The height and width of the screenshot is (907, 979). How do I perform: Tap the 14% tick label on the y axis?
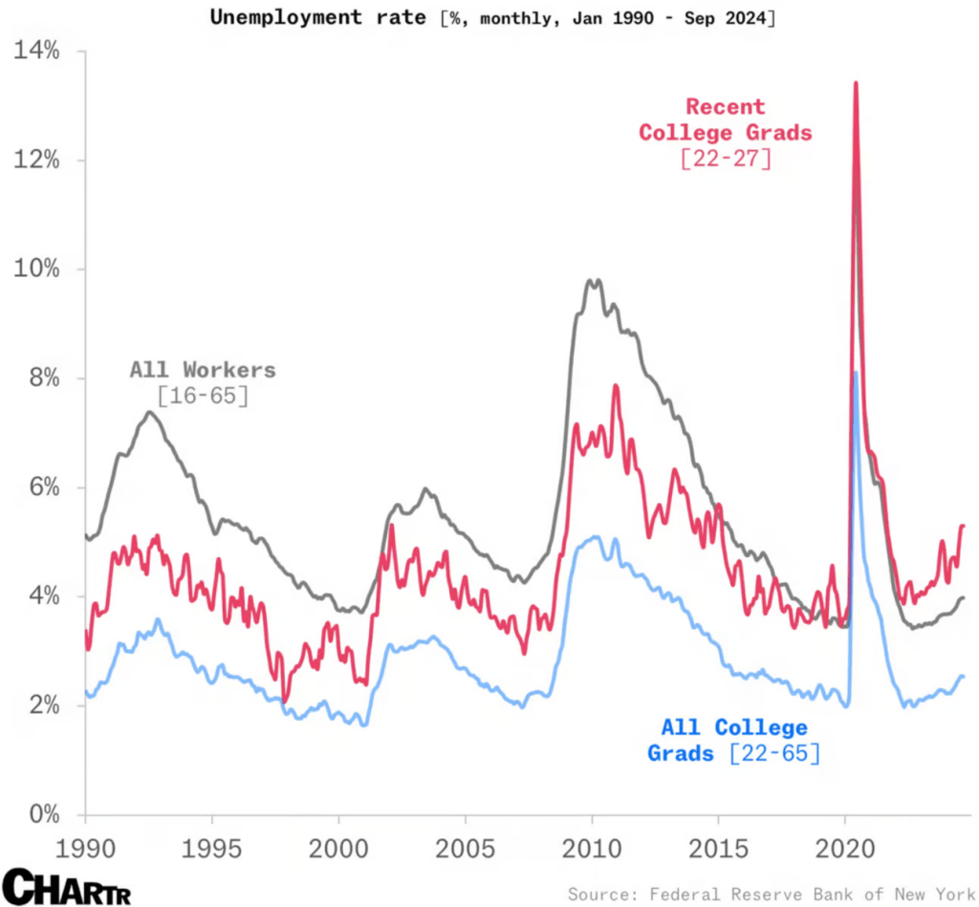pyautogui.click(x=37, y=51)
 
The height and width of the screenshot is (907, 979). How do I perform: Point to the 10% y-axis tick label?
pyautogui.click(x=37, y=269)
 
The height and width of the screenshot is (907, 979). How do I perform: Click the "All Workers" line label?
pyautogui.click(x=203, y=370)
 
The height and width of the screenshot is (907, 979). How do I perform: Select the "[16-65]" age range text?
pyautogui.click(x=203, y=395)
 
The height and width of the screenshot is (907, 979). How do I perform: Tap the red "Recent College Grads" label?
pyautogui.click(x=725, y=119)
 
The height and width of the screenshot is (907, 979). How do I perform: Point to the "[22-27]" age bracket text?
pyautogui.click(x=726, y=159)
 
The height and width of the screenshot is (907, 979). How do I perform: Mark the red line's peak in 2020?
pyautogui.click(x=855, y=83)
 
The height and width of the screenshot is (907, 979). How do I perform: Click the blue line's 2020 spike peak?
pyautogui.click(x=856, y=373)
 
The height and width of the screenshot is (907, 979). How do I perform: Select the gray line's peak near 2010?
pyautogui.click(x=594, y=280)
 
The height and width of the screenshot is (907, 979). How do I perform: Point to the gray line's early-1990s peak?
pyautogui.click(x=150, y=412)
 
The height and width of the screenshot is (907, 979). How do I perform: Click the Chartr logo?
pyautogui.click(x=66, y=886)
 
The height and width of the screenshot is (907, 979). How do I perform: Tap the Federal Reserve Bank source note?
pyautogui.click(x=771, y=895)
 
